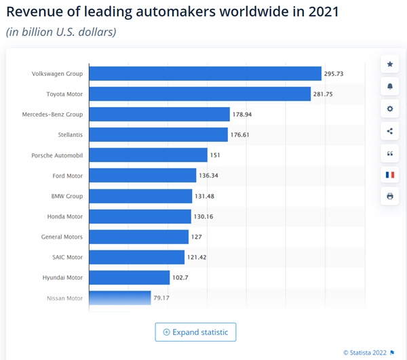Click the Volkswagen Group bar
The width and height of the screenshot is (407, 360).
point(205,73)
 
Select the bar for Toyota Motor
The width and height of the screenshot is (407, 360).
point(200,94)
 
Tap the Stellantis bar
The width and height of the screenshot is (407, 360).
point(159,135)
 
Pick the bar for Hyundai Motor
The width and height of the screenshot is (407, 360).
point(130,277)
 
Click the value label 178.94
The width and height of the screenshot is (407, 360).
point(244,115)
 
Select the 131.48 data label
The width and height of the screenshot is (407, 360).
point(206,196)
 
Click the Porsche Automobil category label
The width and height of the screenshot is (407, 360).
point(57,155)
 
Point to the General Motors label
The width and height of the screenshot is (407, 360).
point(62,237)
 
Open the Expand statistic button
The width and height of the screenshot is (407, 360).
point(195,332)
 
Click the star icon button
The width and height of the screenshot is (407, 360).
point(389,64)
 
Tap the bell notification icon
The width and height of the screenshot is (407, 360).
point(389,87)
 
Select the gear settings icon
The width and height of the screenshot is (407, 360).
point(389,108)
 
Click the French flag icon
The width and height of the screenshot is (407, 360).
point(389,174)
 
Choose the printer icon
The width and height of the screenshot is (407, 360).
point(389,197)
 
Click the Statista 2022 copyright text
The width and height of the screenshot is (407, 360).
point(367,352)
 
